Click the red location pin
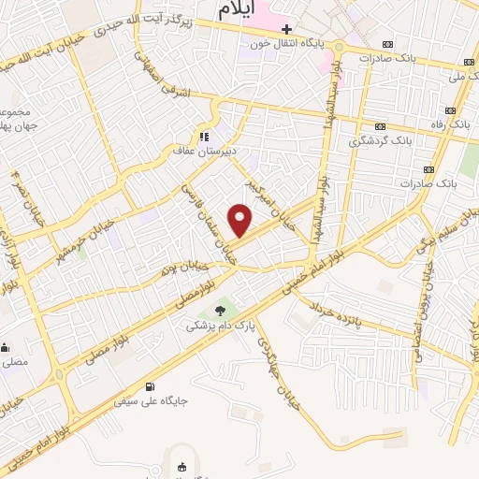[x=240, y=220]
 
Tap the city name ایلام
[x=239, y=11]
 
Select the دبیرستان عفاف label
[x=196, y=150]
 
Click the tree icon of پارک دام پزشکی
[x=220, y=311]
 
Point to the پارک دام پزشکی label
[x=220, y=326]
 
